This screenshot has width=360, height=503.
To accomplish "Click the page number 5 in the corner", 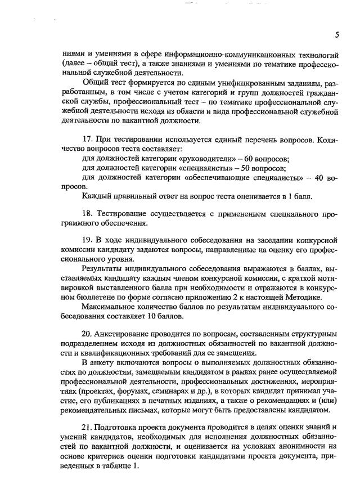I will click(336, 35).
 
